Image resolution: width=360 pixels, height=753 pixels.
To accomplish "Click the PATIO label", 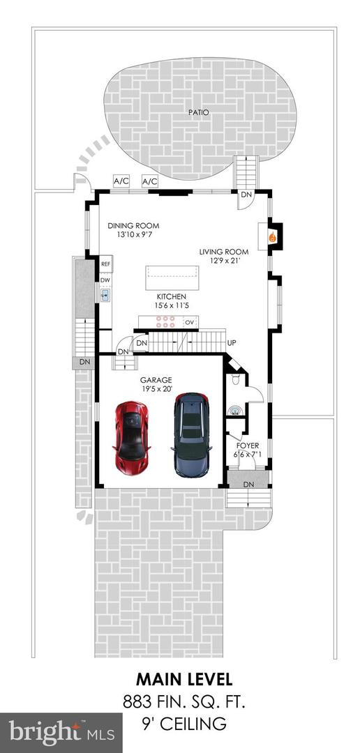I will tap(201, 112).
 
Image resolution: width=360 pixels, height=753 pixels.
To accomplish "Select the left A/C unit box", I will tap(121, 181).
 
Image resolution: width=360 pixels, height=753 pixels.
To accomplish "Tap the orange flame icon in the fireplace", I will tap(273, 237).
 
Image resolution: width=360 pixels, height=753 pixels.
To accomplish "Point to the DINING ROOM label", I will tap(133, 226).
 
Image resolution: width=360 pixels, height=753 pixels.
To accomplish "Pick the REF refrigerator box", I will tap(106, 264).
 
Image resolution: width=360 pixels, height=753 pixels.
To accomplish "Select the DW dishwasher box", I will tap(106, 280).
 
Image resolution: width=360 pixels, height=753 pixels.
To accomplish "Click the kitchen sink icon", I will tap(105, 296).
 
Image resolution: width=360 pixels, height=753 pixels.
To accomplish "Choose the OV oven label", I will tap(189, 322).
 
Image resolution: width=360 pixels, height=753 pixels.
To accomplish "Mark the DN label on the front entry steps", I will tap(248, 484).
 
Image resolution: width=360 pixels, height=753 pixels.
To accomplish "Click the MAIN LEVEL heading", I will tap(184, 678).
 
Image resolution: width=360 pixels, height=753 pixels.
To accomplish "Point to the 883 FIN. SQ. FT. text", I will tap(184, 701).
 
